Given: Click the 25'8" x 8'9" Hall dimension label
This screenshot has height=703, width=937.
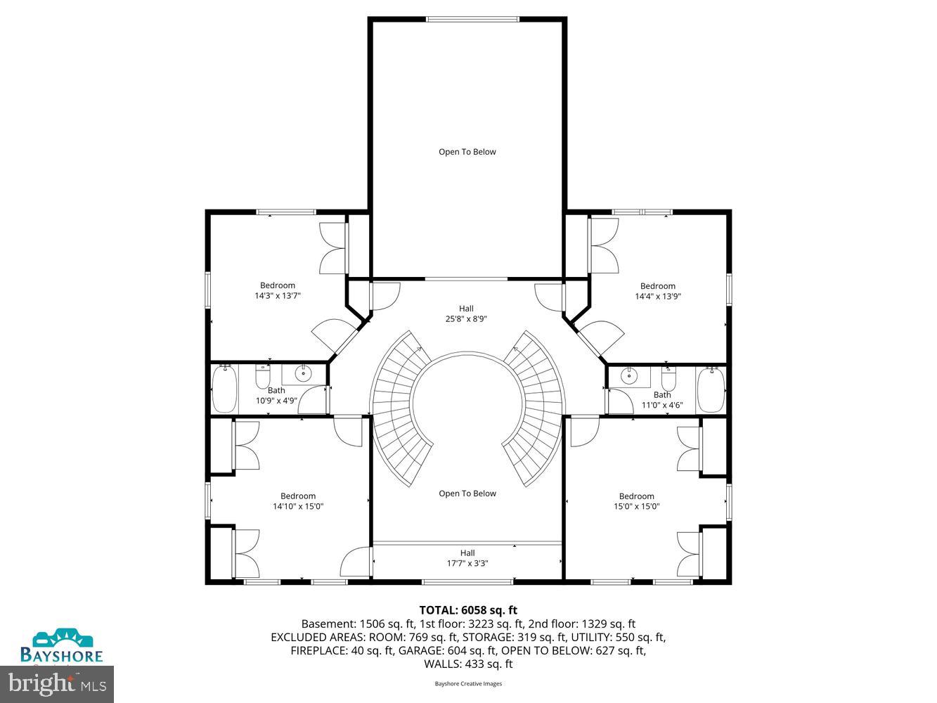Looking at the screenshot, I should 467,318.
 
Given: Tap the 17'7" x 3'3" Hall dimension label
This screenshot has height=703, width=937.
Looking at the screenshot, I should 467,563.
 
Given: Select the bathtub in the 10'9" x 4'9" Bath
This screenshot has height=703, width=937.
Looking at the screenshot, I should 225,389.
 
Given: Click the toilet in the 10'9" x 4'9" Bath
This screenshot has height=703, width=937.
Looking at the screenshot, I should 263,378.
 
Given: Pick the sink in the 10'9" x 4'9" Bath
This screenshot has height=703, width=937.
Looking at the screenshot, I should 304,373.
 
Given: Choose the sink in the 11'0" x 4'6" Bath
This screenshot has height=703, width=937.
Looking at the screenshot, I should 627,376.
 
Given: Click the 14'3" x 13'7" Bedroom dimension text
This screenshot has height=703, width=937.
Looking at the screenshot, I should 278,296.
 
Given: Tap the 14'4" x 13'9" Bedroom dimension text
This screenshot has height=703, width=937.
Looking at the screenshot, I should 658,296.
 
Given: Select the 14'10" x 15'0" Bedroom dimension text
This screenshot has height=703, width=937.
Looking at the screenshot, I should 298,506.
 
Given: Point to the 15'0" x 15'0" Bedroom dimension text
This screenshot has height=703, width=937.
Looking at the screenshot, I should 636,506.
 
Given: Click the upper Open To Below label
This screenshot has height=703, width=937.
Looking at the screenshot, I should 467,152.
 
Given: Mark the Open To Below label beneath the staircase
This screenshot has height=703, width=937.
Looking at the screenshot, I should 467,494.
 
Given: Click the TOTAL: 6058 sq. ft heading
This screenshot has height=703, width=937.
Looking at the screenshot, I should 468,610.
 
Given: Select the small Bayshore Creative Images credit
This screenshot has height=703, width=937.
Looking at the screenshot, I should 468,683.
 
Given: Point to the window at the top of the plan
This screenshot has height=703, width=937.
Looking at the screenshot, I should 473,19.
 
